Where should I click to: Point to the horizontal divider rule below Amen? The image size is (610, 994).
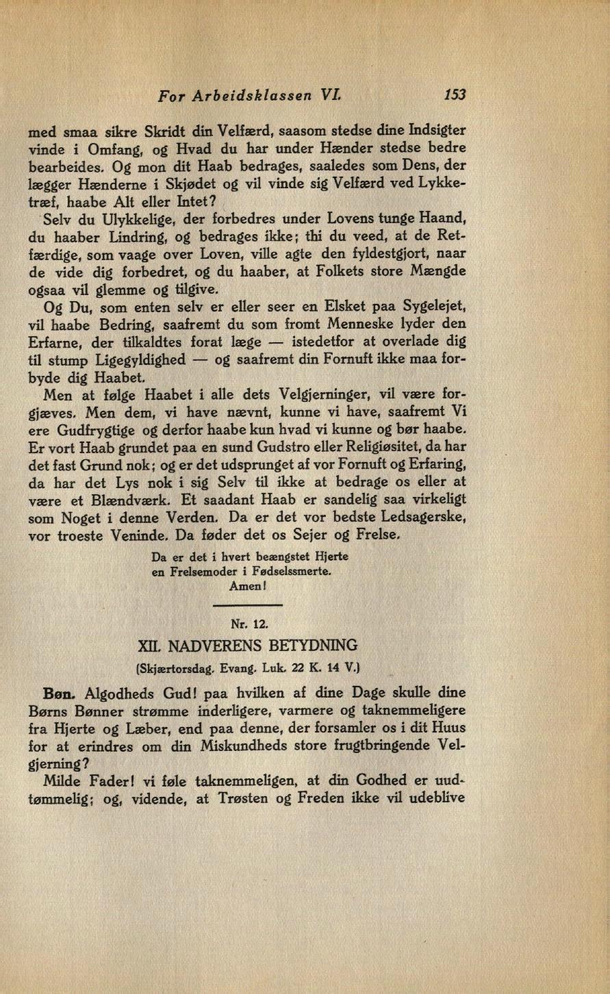coord(248,606)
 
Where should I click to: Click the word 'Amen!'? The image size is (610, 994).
coord(249,587)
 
